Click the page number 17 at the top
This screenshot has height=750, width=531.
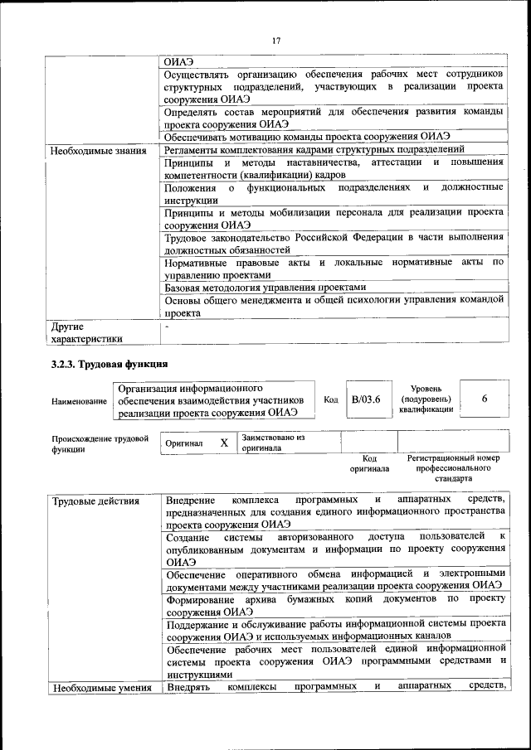pos(276,39)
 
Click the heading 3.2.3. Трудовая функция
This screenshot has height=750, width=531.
pos(110,364)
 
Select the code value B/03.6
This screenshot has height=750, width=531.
pos(365,399)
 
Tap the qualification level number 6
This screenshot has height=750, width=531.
pos(484,399)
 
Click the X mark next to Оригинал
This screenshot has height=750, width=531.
pos(223,443)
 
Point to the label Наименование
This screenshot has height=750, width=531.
pos(79,401)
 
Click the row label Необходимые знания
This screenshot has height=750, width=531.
pos(99,151)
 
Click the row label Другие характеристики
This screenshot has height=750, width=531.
pos(87,332)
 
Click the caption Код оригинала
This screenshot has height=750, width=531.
pos(369,463)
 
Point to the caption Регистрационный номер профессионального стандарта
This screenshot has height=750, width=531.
pos(453,468)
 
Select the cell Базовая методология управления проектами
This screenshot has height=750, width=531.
pos(265,288)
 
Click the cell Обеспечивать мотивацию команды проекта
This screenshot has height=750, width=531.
pos(307,136)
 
